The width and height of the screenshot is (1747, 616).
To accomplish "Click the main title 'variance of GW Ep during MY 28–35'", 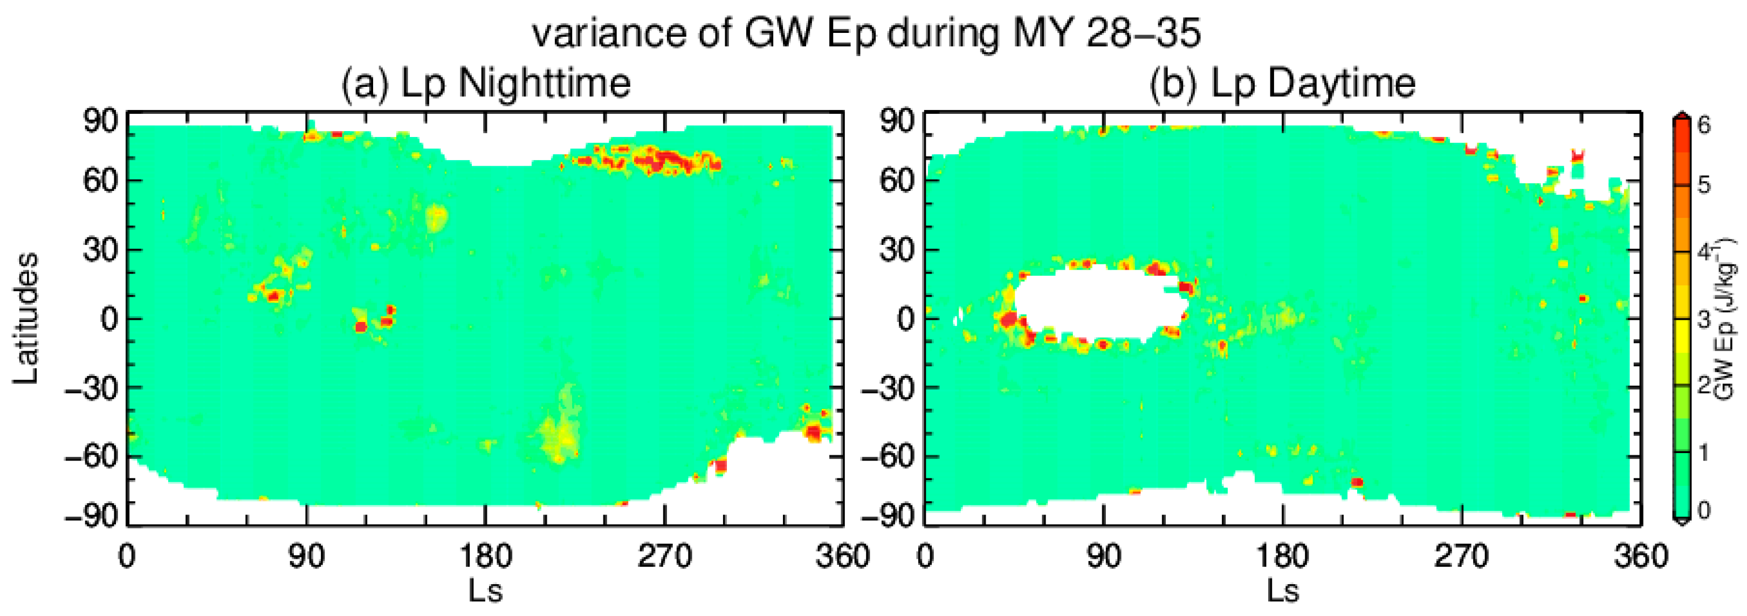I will [866, 32].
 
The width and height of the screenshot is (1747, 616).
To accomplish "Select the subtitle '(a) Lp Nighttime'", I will [486, 84].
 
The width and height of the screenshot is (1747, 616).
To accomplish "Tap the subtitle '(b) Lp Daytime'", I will [1282, 84].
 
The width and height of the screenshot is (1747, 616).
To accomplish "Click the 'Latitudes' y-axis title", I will [26, 319].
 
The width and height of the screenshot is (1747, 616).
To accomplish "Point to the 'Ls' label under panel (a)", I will [486, 590].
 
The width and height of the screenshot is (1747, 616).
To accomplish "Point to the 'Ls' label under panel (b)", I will [1282, 590].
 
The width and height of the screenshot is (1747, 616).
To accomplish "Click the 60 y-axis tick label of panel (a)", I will [101, 181].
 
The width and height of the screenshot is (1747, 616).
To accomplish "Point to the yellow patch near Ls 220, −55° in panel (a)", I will [560, 434].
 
